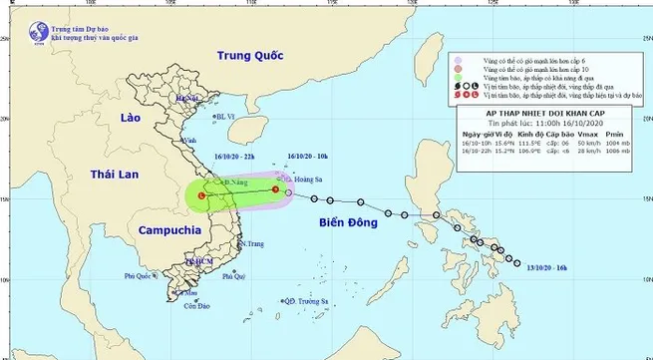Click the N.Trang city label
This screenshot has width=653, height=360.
(x=253, y=244)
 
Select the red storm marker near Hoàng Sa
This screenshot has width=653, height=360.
(x=275, y=189)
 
